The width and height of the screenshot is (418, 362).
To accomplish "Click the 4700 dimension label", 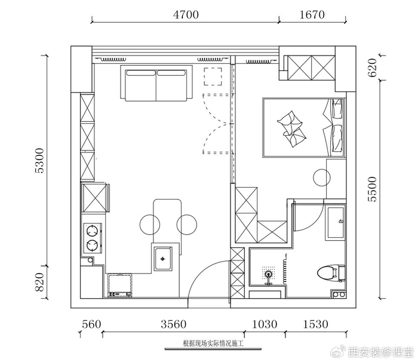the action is (x=186, y=14).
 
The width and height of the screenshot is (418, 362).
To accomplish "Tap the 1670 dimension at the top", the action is (x=312, y=14).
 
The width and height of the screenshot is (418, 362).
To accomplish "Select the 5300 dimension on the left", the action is (x=39, y=161).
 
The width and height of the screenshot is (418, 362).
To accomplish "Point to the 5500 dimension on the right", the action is (x=373, y=189).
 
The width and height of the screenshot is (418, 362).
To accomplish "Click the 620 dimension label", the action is (x=373, y=68).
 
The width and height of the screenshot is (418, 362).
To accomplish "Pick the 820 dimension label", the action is (x=39, y=282).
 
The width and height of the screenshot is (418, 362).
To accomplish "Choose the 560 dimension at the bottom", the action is (x=91, y=324).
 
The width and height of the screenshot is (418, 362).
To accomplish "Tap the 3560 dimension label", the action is (x=174, y=324).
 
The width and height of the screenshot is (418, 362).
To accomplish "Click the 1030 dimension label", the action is (x=265, y=324).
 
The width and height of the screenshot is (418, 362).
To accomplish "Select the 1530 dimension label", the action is (x=316, y=324).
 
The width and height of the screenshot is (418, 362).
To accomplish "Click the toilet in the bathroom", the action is (x=331, y=273).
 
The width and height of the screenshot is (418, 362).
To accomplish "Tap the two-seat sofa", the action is (x=156, y=83).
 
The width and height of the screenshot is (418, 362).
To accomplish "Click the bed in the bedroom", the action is (x=304, y=127).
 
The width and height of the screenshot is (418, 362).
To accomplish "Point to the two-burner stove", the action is (x=93, y=238).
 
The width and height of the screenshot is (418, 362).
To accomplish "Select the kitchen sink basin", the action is (x=162, y=259).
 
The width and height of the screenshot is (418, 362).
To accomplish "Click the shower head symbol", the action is (x=269, y=274).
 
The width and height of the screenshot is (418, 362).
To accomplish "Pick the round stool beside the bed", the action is (x=322, y=178).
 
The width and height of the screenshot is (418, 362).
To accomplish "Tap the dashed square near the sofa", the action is (x=213, y=76).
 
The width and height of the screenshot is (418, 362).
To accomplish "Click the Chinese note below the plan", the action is (x=213, y=343).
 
